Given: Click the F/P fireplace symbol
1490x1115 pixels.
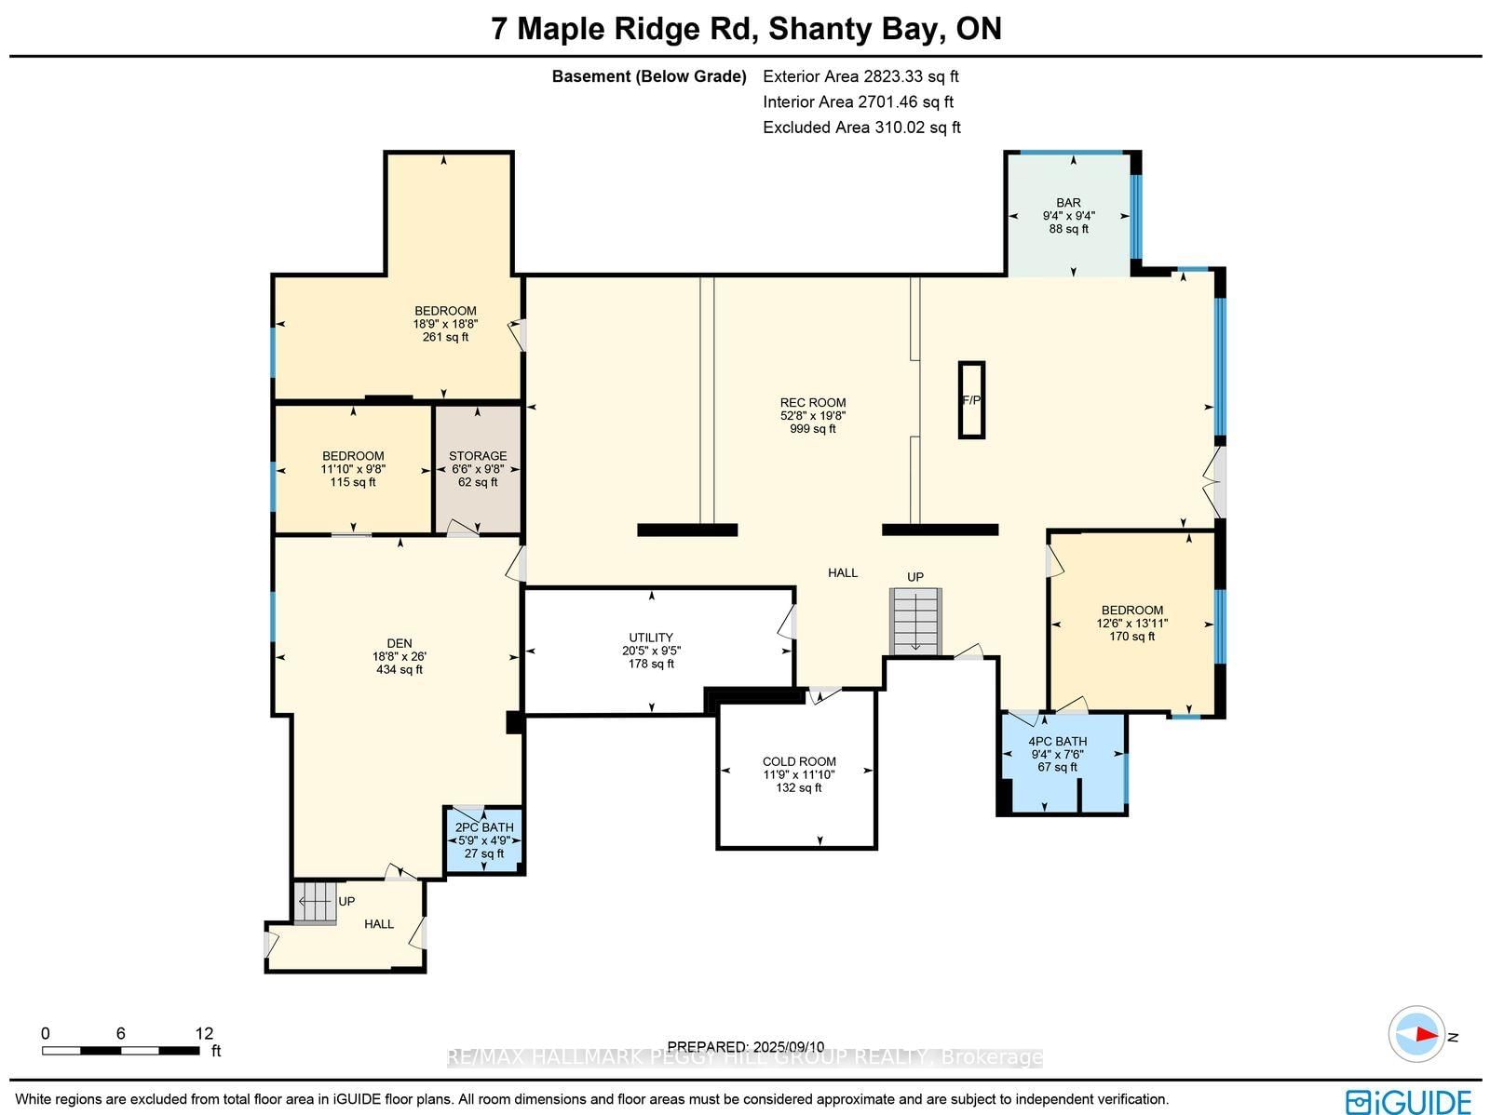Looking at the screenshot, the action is tap(971, 399).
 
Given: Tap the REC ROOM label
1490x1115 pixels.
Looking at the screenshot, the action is tap(813, 402).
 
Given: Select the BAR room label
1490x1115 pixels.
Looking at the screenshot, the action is tap(1068, 203).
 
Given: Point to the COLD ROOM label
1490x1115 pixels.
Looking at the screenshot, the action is tap(799, 761).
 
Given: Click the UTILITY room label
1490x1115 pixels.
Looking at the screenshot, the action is tap(651, 638).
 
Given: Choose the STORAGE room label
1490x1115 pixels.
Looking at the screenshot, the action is tap(478, 456).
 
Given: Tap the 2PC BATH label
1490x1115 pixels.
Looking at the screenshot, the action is tap(484, 827).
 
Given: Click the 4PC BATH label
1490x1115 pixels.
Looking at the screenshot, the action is tap(1058, 741).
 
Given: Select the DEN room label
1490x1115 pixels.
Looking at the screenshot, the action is tap(400, 643).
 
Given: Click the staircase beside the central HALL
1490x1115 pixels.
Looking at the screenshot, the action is tap(915, 621).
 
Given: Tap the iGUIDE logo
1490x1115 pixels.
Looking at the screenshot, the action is tap(1408, 1102).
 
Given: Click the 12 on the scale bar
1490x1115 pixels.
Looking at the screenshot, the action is tap(204, 1034).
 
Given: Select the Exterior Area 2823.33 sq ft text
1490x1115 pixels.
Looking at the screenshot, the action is tap(860, 76).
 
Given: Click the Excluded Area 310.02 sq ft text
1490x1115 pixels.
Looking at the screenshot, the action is tap(861, 127).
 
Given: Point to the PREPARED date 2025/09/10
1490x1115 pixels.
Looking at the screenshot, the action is tap(746, 1046).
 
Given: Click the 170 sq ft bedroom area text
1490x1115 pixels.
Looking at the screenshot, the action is tap(1131, 637).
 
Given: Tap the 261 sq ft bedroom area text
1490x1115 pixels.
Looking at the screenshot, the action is tap(445, 336).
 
